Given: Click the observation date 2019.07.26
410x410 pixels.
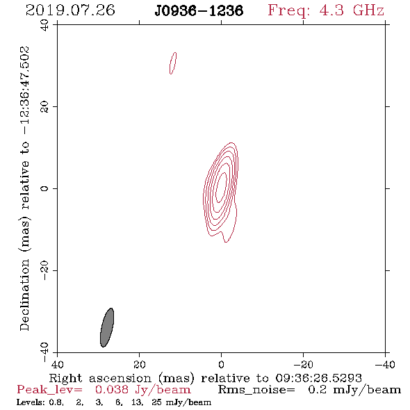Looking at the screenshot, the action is pos(70,10).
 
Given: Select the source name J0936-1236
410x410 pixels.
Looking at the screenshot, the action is pos(199,11).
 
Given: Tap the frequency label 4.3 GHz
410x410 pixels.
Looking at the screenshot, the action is pos(352,10).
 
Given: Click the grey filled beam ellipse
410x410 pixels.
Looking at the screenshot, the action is pos(107,327).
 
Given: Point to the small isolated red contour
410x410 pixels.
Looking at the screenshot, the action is pos(173,63).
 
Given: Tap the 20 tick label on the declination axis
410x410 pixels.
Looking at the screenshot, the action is pos(44,107).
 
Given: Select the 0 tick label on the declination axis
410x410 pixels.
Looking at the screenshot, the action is pos(44,188).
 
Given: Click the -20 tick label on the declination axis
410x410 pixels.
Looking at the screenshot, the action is pos(44,270).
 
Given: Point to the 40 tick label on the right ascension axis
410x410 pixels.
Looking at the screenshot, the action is pos(57,364).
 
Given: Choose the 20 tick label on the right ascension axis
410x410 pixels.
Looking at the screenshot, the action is pos(140,364).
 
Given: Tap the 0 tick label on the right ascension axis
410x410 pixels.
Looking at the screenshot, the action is pos(221,364).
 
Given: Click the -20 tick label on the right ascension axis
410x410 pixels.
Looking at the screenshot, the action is pos(303,364).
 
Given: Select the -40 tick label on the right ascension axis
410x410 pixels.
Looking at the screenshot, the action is pos(385,364).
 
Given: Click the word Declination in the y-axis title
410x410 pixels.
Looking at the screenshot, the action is pos(24,295).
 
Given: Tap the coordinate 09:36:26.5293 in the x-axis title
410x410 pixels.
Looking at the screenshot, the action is pos(318,378).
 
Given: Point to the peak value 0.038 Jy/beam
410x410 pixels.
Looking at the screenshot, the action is pos(142,390).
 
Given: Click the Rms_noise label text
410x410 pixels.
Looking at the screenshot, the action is pos(256,390).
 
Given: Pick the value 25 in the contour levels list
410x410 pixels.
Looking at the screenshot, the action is pos(156,402).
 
